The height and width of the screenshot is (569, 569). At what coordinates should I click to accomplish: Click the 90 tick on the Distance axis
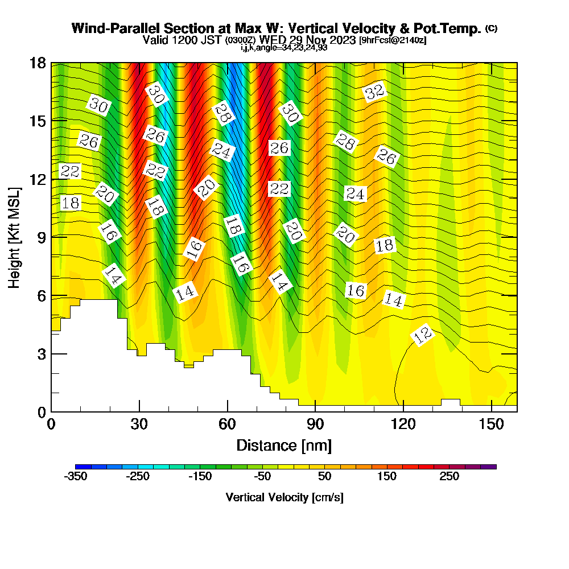(315, 411)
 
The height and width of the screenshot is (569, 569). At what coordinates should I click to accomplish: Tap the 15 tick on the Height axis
(51, 121)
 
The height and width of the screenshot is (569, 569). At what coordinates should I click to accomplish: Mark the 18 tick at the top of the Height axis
(51, 63)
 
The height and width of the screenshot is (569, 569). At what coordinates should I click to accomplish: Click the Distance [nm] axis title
(284, 445)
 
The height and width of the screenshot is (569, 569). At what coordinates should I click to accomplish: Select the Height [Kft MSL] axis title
(15, 237)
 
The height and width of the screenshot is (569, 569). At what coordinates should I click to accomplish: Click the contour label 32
(374, 92)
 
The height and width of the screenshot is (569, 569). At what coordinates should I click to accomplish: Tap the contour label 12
(423, 336)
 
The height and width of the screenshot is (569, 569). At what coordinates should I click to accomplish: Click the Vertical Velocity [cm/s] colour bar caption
(284, 497)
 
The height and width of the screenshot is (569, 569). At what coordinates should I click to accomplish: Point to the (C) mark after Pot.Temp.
(491, 28)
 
